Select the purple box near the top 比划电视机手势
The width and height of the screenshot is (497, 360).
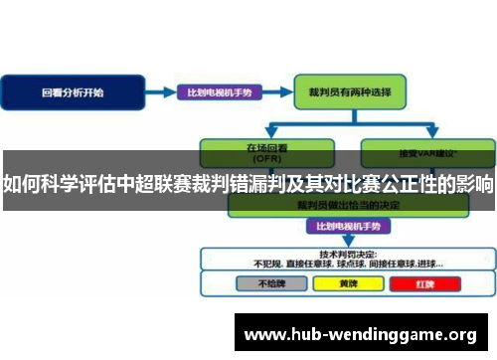pos(220,92)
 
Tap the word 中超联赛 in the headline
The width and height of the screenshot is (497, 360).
pos(156,185)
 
